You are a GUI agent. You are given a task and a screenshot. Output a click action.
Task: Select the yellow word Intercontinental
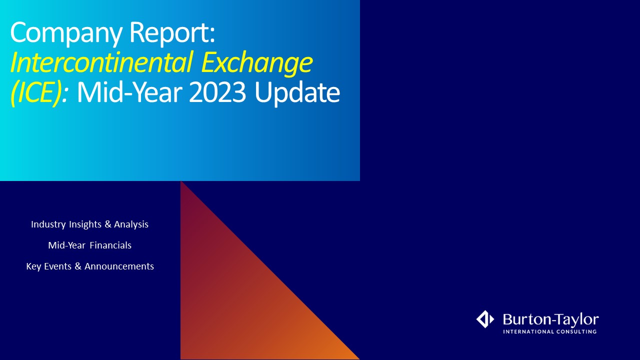(x=101, y=62)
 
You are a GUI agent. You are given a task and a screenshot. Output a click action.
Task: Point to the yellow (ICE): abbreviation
(x=39, y=93)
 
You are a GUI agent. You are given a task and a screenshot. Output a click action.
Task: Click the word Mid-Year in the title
(x=129, y=93)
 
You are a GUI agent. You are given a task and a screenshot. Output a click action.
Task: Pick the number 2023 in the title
(x=217, y=93)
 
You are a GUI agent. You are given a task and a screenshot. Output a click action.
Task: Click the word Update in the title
(x=297, y=93)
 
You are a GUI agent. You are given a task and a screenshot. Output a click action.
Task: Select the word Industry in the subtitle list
(x=48, y=224)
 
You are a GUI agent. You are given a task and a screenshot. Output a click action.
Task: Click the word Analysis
(x=131, y=224)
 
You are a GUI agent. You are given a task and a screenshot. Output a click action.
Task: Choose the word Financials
(x=110, y=245)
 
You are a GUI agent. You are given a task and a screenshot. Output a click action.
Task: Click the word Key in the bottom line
(x=33, y=266)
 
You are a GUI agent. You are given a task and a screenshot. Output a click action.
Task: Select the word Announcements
(x=119, y=266)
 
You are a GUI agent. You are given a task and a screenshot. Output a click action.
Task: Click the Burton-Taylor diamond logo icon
(x=485, y=319)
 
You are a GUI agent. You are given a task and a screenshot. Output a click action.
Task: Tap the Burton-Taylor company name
(x=551, y=319)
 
